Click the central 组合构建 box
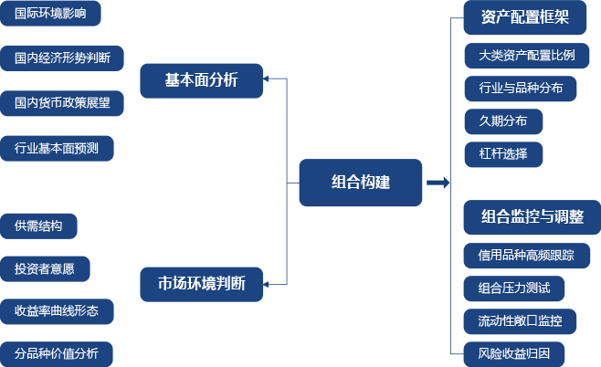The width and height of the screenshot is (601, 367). [361, 182]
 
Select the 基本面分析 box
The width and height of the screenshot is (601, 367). [201, 80]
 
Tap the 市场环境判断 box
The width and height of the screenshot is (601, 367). [201, 284]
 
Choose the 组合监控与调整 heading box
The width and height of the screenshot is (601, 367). [527, 217]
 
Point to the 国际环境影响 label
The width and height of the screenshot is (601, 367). [50, 14]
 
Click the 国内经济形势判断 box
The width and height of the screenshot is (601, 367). [62, 58]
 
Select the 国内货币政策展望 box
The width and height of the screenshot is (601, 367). [62, 102]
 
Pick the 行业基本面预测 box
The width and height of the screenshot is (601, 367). [57, 148]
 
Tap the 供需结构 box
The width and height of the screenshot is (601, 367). [38, 225]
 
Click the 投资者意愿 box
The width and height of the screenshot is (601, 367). [45, 268]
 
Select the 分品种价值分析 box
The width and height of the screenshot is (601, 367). [57, 354]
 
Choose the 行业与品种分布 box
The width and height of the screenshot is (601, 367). [520, 89]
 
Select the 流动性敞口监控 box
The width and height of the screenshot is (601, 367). [520, 321]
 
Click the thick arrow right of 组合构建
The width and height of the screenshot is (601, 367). [438, 183]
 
